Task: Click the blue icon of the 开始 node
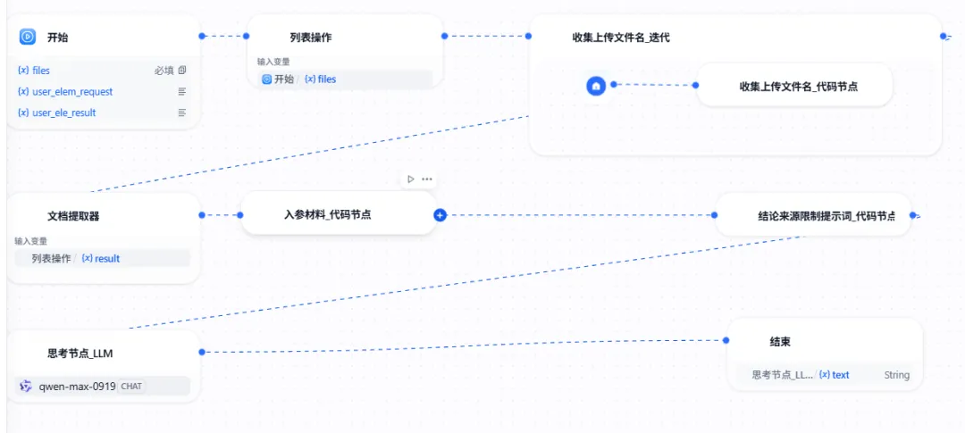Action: (x=27, y=37)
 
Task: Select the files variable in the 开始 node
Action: (x=41, y=70)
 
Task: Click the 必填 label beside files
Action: (x=163, y=70)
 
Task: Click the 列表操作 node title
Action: (x=311, y=37)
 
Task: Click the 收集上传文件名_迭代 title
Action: (x=621, y=37)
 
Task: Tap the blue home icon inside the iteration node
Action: (x=596, y=86)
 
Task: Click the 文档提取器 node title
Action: (x=73, y=215)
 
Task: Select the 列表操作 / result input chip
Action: (x=77, y=258)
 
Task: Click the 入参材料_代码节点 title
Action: (x=327, y=215)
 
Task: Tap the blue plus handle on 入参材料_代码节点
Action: (x=440, y=215)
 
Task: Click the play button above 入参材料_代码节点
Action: (x=410, y=179)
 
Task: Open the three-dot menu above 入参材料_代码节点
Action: (x=427, y=179)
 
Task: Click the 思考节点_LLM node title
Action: (x=80, y=353)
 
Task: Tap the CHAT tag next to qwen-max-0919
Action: (x=131, y=387)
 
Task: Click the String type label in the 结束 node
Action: (x=896, y=375)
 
